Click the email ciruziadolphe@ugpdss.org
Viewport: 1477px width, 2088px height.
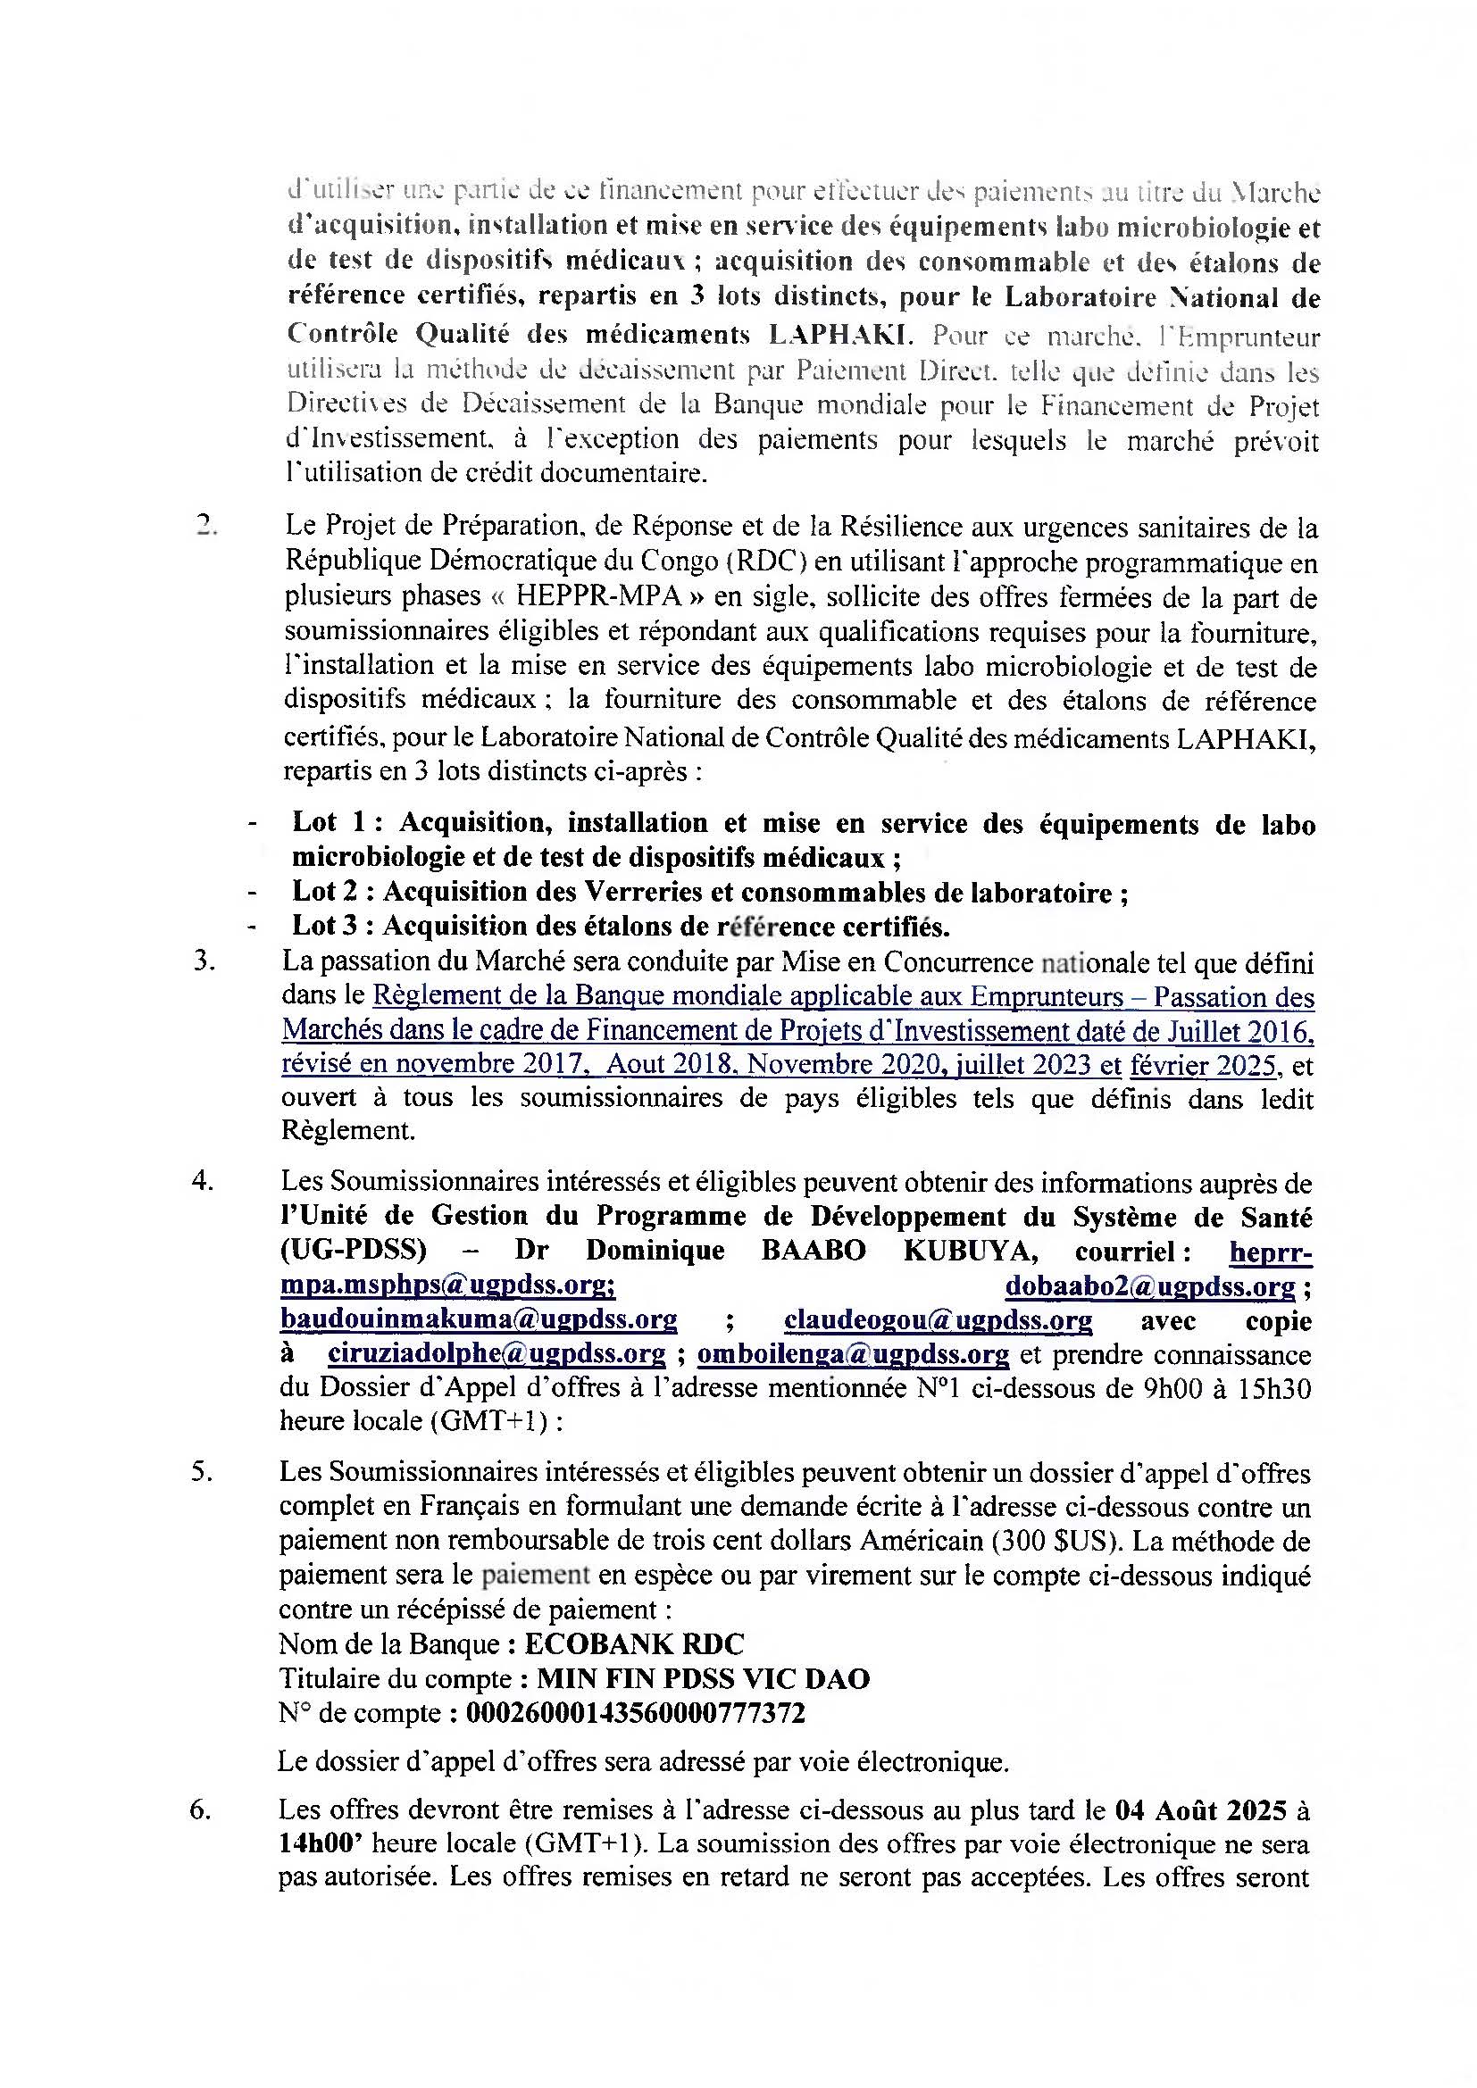tap(497, 1354)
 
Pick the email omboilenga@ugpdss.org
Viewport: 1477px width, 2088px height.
tap(853, 1354)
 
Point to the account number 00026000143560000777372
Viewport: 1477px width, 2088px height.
tap(635, 1713)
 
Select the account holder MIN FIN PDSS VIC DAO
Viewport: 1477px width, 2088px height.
tap(703, 1679)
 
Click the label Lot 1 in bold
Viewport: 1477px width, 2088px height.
tap(329, 823)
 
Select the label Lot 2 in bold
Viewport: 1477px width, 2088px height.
tap(328, 892)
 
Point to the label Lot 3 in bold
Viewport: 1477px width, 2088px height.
tap(328, 926)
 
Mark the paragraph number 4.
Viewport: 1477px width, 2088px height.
tap(202, 1181)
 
